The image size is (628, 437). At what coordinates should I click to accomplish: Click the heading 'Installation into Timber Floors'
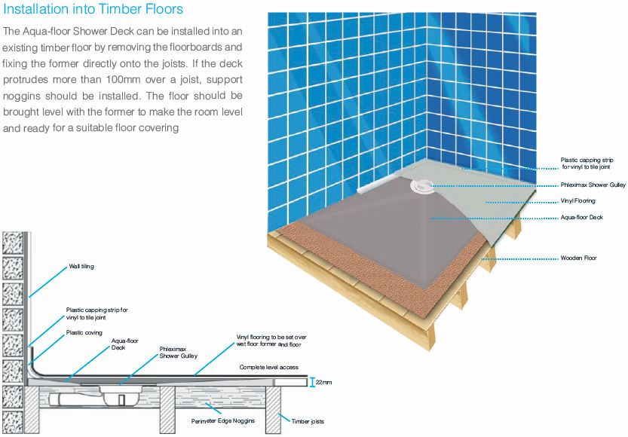(x=93, y=11)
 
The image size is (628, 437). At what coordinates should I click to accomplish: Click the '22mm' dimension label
(x=322, y=382)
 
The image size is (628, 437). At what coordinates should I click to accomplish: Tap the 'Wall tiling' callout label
(x=81, y=266)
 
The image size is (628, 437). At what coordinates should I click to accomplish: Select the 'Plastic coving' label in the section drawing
(x=84, y=332)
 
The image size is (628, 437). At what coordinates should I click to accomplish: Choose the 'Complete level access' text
(x=269, y=367)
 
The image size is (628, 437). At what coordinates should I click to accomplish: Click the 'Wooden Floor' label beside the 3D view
(x=578, y=258)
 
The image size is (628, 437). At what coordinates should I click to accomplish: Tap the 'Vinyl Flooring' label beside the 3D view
(x=577, y=201)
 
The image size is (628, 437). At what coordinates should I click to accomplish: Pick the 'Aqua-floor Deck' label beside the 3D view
(x=581, y=217)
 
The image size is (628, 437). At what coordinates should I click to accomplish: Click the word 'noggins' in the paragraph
(x=26, y=96)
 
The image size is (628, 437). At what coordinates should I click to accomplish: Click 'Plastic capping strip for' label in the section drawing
(x=97, y=310)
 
